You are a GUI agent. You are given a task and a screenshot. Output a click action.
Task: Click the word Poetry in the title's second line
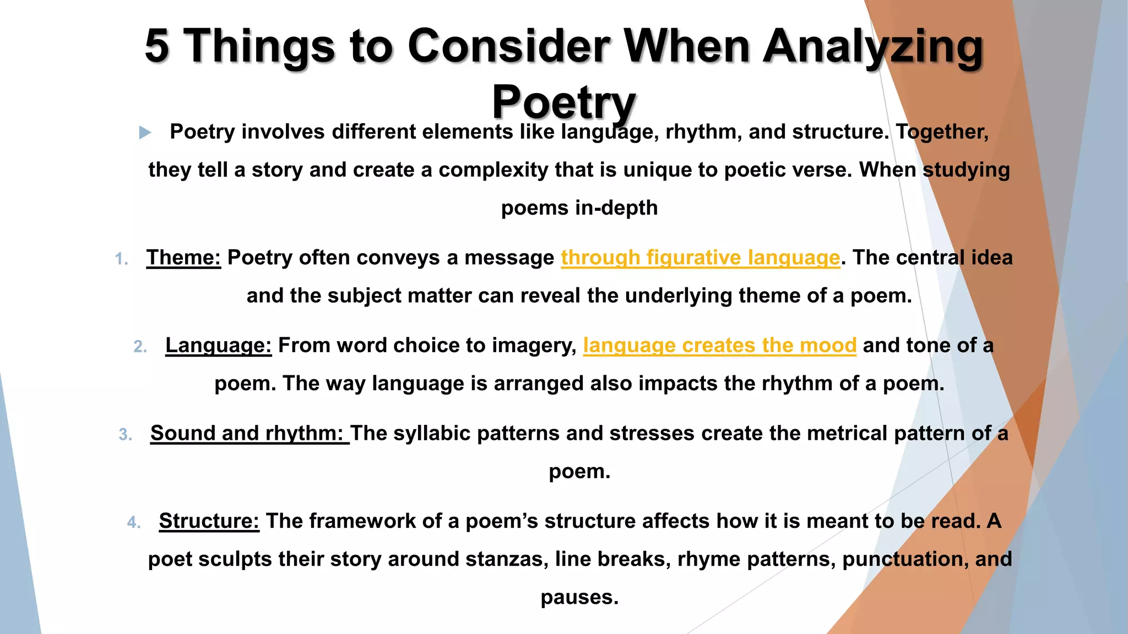pyautogui.click(x=563, y=102)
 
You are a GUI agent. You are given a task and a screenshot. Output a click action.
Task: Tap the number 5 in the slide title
pyautogui.click(x=157, y=46)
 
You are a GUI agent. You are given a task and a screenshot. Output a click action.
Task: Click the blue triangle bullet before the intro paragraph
pyautogui.click(x=145, y=132)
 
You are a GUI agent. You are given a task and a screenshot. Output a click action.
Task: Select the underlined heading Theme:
pyautogui.click(x=183, y=258)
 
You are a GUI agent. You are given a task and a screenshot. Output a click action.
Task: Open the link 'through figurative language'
pyautogui.click(x=700, y=258)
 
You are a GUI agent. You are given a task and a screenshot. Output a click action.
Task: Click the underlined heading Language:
pyautogui.click(x=218, y=346)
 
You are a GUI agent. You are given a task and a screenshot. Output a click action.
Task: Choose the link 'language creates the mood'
pyautogui.click(x=719, y=346)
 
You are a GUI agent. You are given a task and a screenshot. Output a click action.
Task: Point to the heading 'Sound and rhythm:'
pyautogui.click(x=249, y=434)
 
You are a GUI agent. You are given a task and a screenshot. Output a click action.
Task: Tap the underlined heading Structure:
pyautogui.click(x=209, y=521)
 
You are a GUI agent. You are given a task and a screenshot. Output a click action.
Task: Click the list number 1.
pyautogui.click(x=122, y=259)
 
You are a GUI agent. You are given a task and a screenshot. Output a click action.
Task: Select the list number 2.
pyautogui.click(x=140, y=347)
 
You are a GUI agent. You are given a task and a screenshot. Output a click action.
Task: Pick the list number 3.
pyautogui.click(x=125, y=435)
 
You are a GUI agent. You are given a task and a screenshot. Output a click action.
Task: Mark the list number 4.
pyautogui.click(x=134, y=523)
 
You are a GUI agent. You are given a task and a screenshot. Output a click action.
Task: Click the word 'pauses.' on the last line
pyautogui.click(x=579, y=597)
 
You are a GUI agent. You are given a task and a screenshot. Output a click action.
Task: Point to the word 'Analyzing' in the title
pyautogui.click(x=872, y=47)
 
